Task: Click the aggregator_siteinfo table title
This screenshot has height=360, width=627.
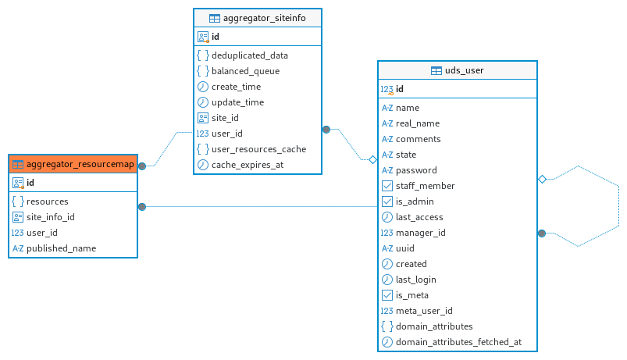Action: coord(265,18)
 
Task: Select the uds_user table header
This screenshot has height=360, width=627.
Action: coord(458,70)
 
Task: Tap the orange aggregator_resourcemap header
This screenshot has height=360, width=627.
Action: coord(73,164)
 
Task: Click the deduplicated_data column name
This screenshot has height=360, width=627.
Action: coord(250,55)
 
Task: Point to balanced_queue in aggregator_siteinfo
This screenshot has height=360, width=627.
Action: coord(245,71)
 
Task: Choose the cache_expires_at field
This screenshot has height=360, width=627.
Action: coord(248,165)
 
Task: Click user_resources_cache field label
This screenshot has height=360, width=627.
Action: coord(258,149)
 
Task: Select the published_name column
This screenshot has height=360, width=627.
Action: coord(61,248)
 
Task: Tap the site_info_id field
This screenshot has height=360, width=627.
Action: coord(51,217)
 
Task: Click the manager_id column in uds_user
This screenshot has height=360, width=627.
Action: coord(420,233)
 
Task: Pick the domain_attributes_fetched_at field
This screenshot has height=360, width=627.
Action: coord(458,342)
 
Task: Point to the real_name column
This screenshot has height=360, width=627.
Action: coord(418,123)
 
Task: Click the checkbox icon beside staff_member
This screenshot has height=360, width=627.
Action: coord(387,186)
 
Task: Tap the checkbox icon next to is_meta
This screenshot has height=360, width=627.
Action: coord(387,295)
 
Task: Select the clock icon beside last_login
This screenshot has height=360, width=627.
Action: coord(387,280)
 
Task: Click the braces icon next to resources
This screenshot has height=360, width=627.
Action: coord(18,201)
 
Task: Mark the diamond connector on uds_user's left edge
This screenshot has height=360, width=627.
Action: coord(372,160)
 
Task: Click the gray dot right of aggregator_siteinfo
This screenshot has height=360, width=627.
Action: coord(326,130)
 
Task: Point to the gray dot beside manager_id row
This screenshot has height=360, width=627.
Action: coord(542,233)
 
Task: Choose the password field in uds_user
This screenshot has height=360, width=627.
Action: coord(416,170)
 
